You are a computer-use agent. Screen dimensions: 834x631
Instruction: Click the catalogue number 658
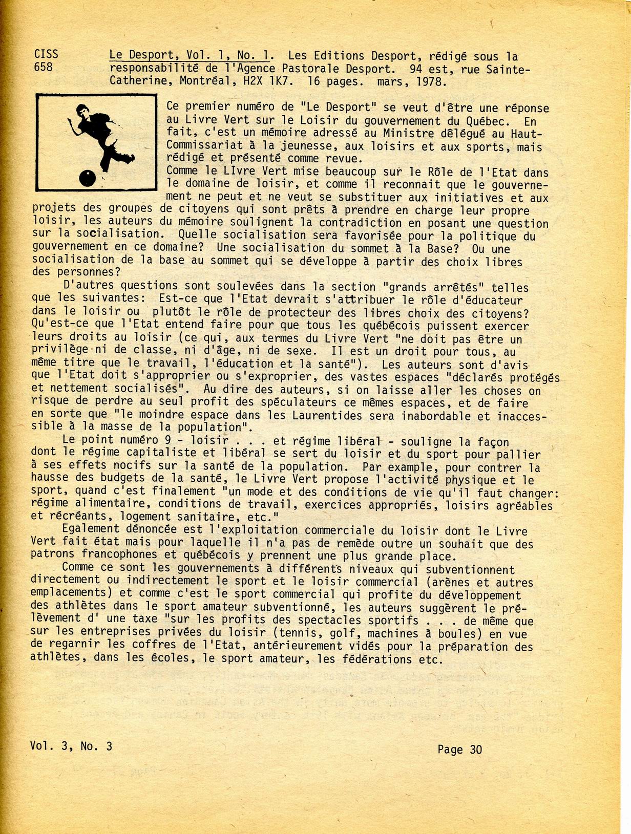click(43, 67)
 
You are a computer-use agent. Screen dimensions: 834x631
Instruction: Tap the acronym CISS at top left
click(46, 54)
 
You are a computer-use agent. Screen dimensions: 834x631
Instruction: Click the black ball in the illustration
click(88, 178)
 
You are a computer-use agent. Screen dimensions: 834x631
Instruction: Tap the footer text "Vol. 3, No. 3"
click(71, 745)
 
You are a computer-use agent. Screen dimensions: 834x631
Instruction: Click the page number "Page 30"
click(459, 750)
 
